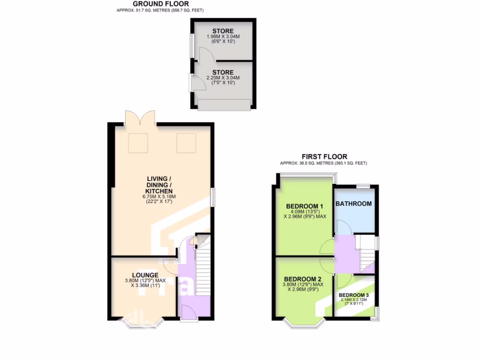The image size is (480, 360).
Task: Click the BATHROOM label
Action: pyautogui.click(x=354, y=203)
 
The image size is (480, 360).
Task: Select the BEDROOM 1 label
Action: pyautogui.click(x=305, y=206)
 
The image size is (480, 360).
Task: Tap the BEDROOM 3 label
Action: pyautogui.click(x=354, y=295)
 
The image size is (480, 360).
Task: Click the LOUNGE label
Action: pyautogui.click(x=145, y=275)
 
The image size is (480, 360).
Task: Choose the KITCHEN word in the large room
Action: pyautogui.click(x=159, y=191)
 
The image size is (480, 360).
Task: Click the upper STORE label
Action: pyautogui.click(x=223, y=31)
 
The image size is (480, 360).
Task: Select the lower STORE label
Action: pyautogui.click(x=223, y=72)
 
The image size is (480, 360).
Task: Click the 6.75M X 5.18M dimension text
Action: pyautogui.click(x=159, y=197)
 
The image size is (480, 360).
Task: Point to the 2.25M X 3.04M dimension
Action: pyautogui.click(x=223, y=78)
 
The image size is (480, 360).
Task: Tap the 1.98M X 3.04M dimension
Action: pyautogui.click(x=223, y=37)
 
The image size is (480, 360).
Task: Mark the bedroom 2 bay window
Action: pyautogui.click(x=304, y=323)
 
